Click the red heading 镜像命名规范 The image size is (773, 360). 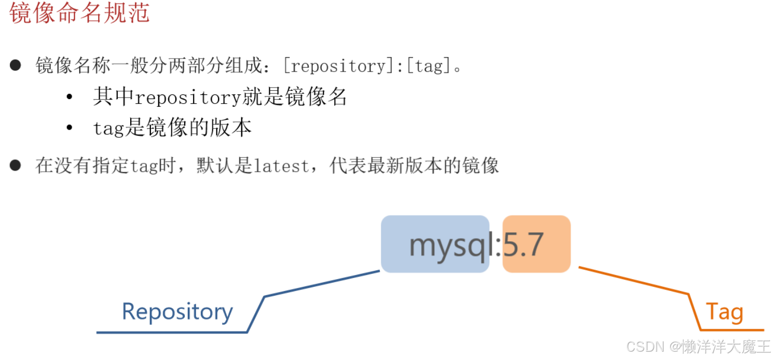[79, 13]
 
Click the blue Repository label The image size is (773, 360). [177, 311]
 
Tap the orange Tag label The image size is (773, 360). [724, 312]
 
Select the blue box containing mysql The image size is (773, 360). [435, 244]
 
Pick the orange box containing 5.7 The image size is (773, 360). [536, 244]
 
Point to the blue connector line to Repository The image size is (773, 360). [322, 283]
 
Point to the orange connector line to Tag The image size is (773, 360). [633, 281]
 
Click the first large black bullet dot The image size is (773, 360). [15, 65]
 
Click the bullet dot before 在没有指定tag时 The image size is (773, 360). [15, 165]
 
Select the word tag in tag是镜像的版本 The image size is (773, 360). [108, 128]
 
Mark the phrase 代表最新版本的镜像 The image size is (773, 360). [414, 166]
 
